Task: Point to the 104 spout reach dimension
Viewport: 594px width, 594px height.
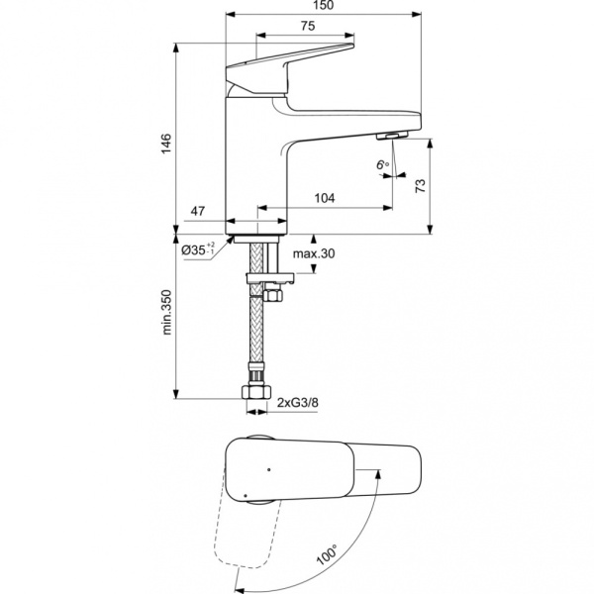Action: [325, 198]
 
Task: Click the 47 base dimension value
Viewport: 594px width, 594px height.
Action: [197, 212]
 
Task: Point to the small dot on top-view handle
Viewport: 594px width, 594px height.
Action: [268, 465]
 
